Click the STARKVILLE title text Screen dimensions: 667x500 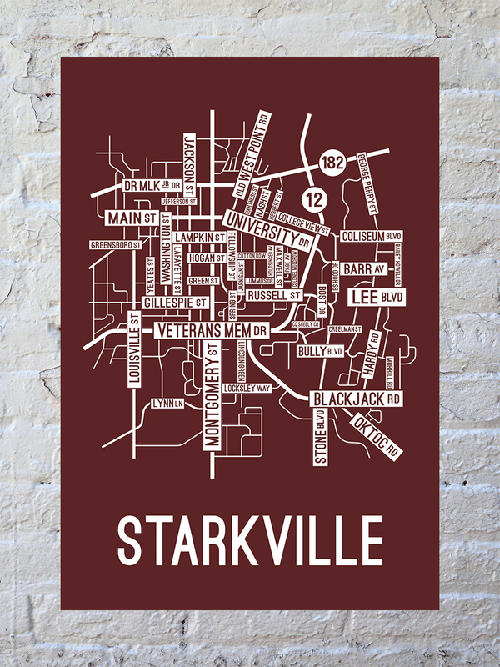coord(250,539)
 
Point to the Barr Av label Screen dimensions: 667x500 coord(365,269)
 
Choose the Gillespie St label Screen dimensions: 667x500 coord(175,303)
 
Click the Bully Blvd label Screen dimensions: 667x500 coord(320,352)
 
